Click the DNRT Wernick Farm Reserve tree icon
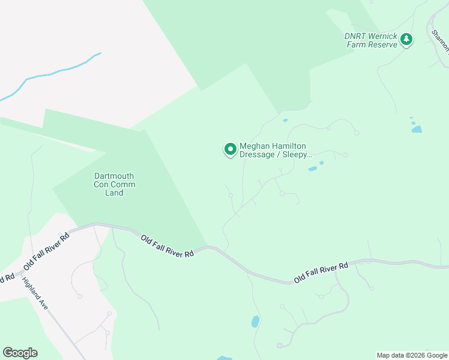pyautogui.click(x=407, y=40)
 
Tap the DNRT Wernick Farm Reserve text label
pyautogui.click(x=371, y=40)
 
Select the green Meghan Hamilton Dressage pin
pyautogui.click(x=230, y=149)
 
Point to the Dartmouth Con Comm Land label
pyautogui.click(x=114, y=184)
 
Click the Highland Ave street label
pyautogui.click(x=35, y=293)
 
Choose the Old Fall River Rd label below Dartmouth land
pyautogui.click(x=167, y=246)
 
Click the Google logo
pyautogui.click(x=20, y=353)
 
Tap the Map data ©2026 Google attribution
pyautogui.click(x=412, y=355)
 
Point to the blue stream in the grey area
pyautogui.click(x=54, y=73)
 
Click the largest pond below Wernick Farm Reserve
pyautogui.click(x=417, y=129)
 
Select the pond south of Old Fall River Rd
pyautogui.click(x=255, y=322)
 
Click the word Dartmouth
pyautogui.click(x=114, y=176)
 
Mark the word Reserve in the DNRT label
pyautogui.click(x=384, y=44)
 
